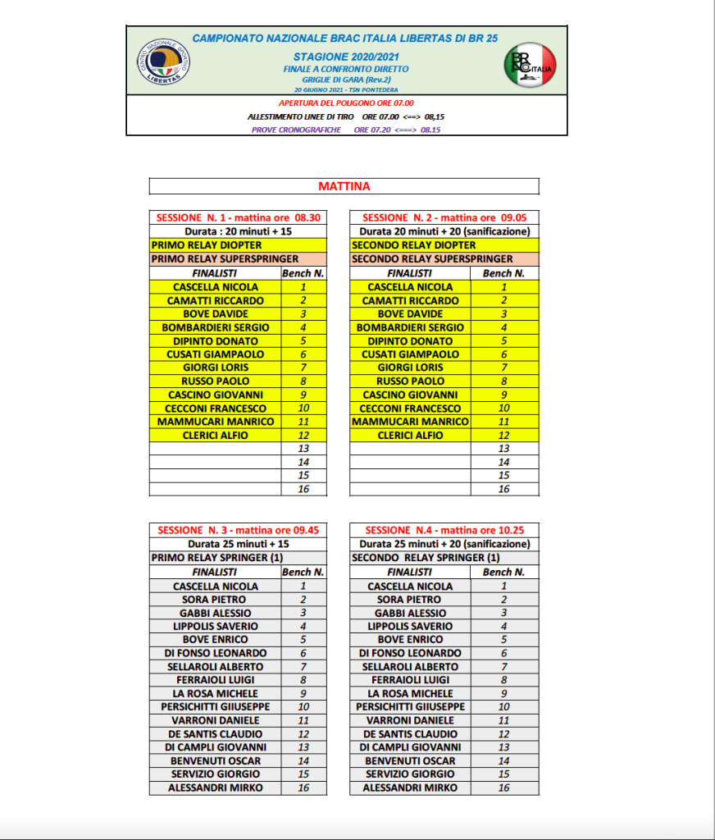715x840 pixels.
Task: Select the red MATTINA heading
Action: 344,186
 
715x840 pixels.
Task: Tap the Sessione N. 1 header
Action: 238,218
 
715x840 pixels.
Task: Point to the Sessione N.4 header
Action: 444,531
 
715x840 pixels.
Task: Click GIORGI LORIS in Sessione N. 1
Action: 216,367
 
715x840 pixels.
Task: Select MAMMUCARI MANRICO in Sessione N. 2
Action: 410,422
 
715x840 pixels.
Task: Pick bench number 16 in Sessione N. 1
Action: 303,489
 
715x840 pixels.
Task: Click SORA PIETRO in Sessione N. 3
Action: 216,600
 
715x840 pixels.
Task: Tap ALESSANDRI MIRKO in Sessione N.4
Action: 410,787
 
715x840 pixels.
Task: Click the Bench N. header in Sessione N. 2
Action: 503,273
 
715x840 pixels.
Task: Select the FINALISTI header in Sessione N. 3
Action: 215,572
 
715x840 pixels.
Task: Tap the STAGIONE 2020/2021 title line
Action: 344,58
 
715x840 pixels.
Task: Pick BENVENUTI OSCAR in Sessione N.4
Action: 410,760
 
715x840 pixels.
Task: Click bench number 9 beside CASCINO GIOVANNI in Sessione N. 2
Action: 503,395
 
